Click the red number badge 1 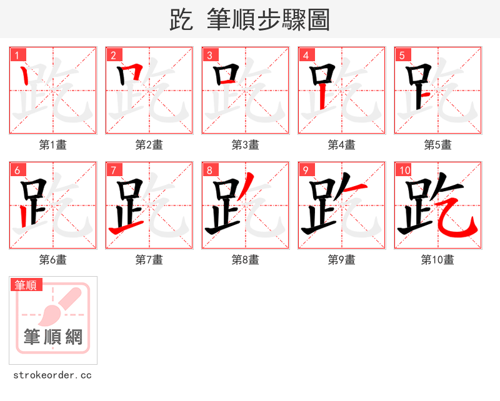click(x=17, y=56)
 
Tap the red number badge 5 click(x=402, y=56)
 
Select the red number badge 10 click(x=404, y=171)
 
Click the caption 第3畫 click(x=245, y=145)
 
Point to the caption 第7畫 click(x=149, y=260)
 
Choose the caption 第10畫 click(x=437, y=260)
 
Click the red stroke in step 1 click(x=25, y=76)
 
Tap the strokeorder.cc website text click(x=52, y=375)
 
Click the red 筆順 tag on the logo click(x=26, y=285)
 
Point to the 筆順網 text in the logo click(x=53, y=337)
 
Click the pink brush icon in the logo click(x=59, y=306)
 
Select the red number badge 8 click(x=209, y=171)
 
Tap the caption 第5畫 click(x=437, y=145)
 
